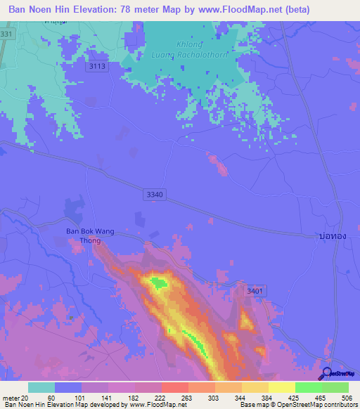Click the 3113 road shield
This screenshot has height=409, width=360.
pos(98,66)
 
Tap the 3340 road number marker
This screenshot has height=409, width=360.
pos(155,195)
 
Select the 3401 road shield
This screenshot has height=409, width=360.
pos(255,290)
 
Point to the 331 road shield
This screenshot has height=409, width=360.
pos(6,34)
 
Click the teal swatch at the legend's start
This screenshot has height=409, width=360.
pos(41,387)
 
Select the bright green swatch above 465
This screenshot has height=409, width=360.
pos(308,387)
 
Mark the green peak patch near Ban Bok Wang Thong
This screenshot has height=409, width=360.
pos(158,283)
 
